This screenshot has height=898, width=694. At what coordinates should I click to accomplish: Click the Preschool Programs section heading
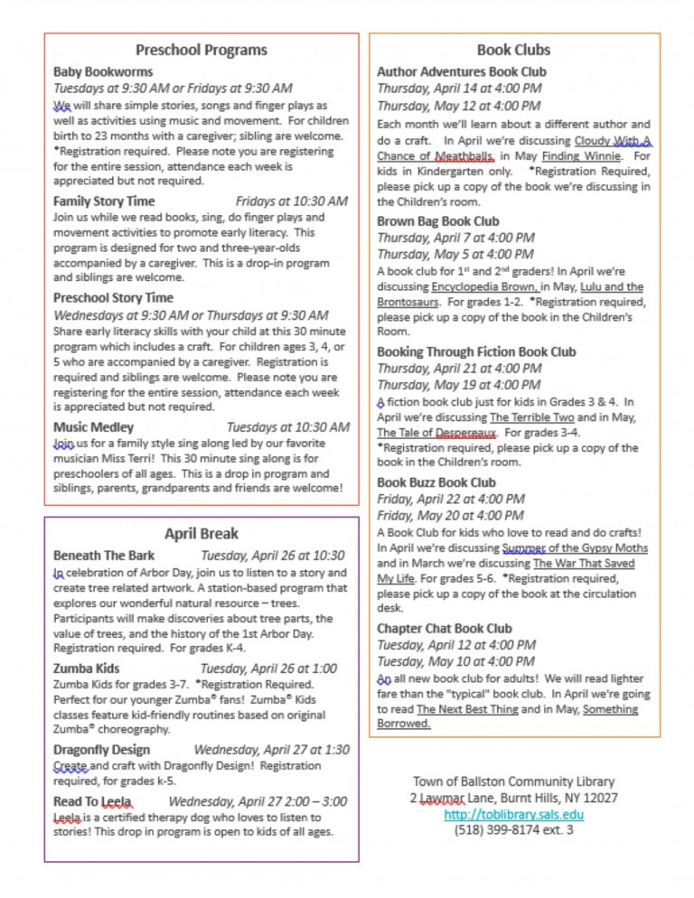201,50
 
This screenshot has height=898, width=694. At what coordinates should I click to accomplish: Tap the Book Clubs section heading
513,50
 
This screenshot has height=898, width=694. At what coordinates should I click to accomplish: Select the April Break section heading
201,533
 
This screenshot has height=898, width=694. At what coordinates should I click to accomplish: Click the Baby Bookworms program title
103,71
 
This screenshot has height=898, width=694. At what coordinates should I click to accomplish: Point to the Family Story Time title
104,201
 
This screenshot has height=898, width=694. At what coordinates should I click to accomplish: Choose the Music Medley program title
93,426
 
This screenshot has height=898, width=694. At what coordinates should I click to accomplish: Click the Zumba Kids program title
87,669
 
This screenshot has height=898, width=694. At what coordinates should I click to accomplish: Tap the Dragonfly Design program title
102,749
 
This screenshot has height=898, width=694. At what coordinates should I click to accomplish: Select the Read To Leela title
93,800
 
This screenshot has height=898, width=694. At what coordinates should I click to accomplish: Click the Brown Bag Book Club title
437,220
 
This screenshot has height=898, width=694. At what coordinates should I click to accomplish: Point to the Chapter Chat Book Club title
445,628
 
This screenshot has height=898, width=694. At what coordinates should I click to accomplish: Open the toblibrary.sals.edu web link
513,814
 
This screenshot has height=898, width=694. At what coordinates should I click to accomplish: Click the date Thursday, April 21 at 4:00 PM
459,368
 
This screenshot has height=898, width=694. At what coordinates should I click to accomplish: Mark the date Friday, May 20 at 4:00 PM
450,515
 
